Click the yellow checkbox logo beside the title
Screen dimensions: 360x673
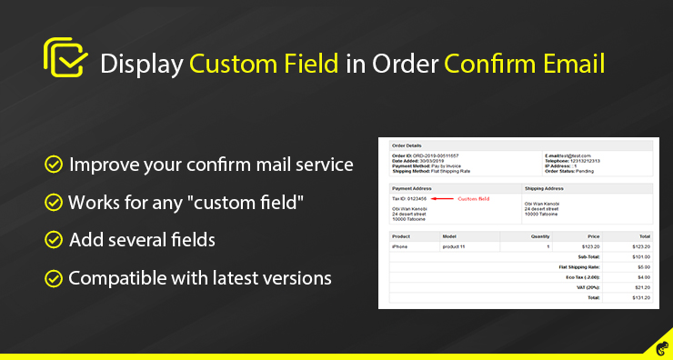click(65, 59)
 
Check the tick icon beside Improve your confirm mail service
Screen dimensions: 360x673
click(54, 165)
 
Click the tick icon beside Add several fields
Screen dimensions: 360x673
click(54, 240)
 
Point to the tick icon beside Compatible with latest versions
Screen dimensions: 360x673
click(54, 276)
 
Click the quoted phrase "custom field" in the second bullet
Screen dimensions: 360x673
click(258, 202)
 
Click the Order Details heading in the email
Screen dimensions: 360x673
click(407, 145)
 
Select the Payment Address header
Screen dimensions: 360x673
click(412, 189)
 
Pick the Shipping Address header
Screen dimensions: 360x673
click(545, 189)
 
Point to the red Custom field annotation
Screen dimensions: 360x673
click(474, 198)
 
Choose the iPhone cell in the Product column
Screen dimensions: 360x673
click(400, 245)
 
